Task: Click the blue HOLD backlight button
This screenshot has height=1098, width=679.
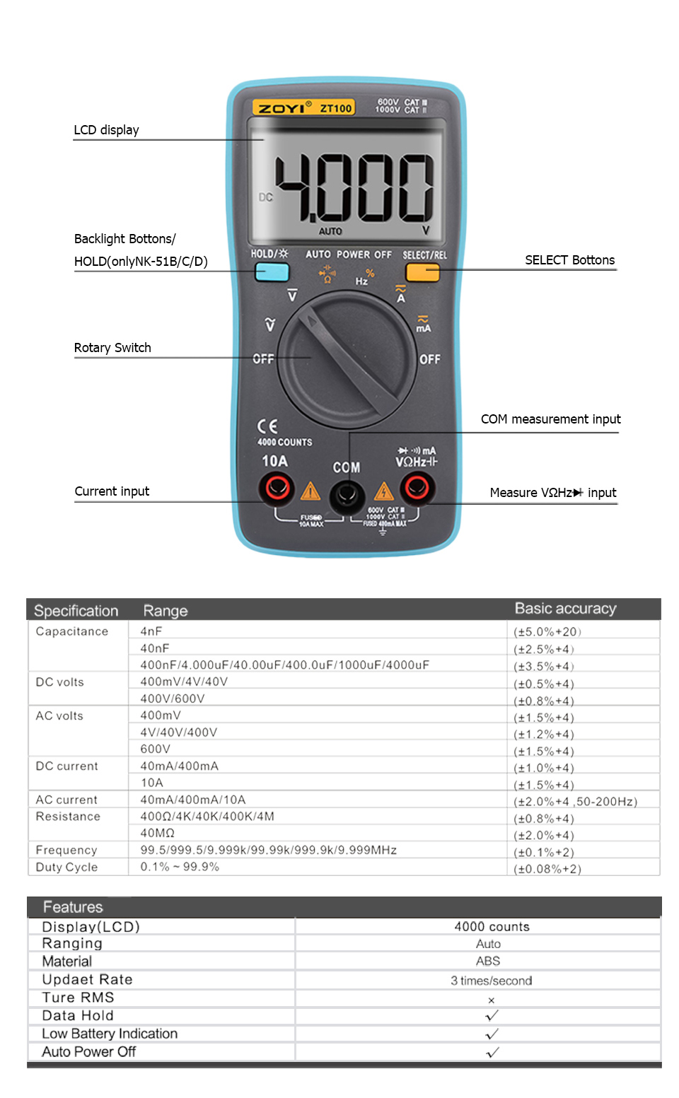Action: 272,271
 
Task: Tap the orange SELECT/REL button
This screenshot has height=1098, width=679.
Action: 422,271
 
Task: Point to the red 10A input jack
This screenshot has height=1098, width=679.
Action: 276,488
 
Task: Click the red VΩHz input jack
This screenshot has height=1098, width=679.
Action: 417,487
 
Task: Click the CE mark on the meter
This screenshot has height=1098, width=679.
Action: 267,426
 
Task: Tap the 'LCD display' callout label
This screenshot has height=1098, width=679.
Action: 106,130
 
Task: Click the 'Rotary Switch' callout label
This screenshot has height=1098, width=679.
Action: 112,348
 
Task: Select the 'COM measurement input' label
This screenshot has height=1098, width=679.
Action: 550,419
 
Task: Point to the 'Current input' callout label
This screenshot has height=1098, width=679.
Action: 112,491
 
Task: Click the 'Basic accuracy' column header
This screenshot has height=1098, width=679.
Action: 565,609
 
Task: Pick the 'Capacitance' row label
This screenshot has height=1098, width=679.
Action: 72,631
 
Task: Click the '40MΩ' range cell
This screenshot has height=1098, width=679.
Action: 157,833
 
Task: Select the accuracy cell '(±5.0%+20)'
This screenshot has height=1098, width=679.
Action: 547,632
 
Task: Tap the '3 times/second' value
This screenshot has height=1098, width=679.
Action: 491,981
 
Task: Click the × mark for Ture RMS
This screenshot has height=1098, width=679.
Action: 491,1000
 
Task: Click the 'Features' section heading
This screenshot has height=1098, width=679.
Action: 73,907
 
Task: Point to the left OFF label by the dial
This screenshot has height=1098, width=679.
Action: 263,359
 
